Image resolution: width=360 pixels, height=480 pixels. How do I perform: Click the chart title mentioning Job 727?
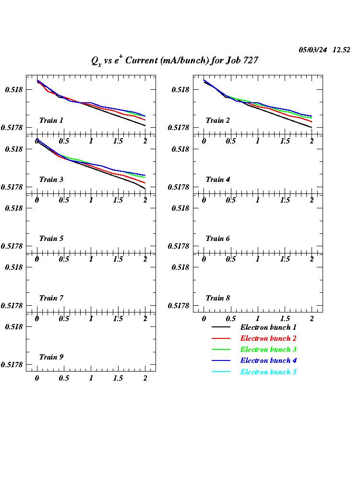click(x=175, y=60)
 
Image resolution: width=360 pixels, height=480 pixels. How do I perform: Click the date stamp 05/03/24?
click(x=313, y=50)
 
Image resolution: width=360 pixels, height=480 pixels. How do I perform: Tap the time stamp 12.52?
click(x=341, y=50)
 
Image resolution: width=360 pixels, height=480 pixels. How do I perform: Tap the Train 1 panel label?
click(x=51, y=120)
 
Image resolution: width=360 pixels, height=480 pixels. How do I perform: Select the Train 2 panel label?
click(x=217, y=120)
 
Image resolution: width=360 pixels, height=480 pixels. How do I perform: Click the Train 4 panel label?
click(x=217, y=180)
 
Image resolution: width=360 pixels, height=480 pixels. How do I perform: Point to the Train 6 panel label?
click(x=217, y=239)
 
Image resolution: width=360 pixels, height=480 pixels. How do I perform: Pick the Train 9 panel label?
click(x=51, y=357)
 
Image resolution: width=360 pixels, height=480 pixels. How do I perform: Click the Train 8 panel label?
click(x=217, y=298)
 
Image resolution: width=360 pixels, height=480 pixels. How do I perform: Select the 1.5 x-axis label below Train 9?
click(x=118, y=378)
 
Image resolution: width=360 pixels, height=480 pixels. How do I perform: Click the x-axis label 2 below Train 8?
click(x=312, y=319)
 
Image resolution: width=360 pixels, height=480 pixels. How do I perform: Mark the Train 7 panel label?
click(x=51, y=298)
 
